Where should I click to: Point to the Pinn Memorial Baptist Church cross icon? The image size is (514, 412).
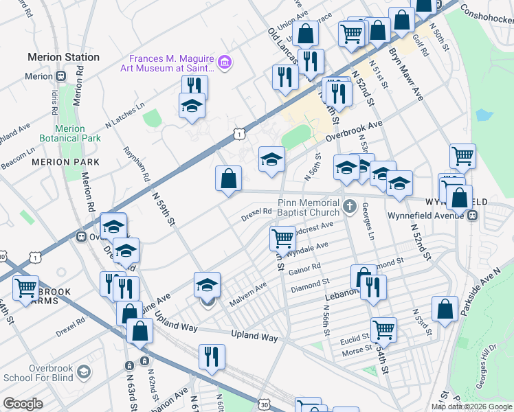350,205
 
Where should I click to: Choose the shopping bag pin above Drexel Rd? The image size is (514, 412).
228,179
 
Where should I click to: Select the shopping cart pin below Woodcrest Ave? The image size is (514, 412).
282,238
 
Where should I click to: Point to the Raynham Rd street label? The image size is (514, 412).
137,164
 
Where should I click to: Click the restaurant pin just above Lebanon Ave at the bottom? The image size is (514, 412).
211,356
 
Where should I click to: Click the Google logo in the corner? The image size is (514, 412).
23,403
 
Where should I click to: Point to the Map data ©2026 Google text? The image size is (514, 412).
471,406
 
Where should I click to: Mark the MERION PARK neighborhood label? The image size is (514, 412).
65,162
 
